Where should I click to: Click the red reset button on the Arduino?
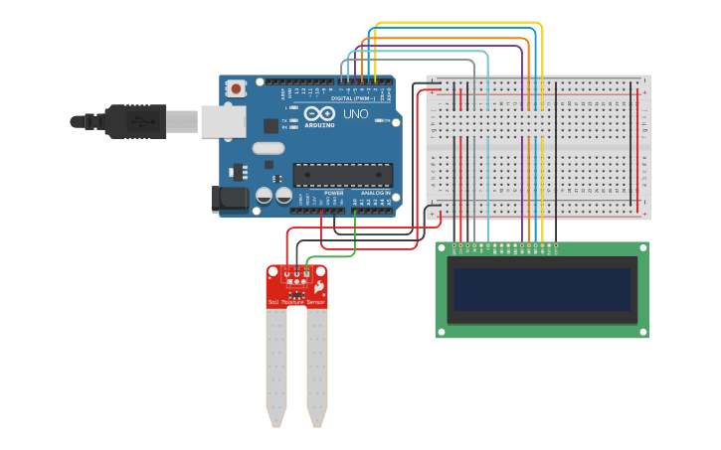tap(236, 88)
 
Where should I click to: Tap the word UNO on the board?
tap(356, 114)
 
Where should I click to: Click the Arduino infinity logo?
tap(320, 114)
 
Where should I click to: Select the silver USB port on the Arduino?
tap(223, 121)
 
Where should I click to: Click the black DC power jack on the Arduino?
tap(230, 198)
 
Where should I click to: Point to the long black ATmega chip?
tap(342, 175)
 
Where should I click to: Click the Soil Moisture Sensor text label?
tap(296, 301)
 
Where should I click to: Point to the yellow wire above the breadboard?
tap(457, 23)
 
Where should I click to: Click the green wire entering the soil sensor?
tap(328, 256)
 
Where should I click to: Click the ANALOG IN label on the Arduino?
tap(376, 193)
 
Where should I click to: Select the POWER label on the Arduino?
tap(333, 193)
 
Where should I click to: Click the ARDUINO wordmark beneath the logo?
tap(320, 125)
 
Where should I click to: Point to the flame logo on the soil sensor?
tap(318, 288)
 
